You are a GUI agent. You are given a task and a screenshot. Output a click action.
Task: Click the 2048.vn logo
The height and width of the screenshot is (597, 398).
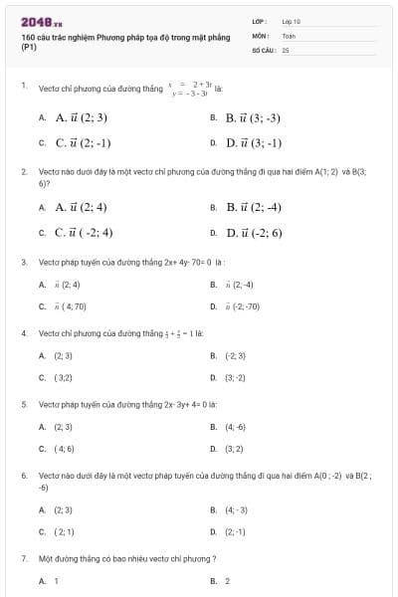coord(41,22)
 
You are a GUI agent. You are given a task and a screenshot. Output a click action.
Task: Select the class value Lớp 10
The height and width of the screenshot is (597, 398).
coord(292,21)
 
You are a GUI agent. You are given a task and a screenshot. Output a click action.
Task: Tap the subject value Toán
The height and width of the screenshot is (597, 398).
coord(289,35)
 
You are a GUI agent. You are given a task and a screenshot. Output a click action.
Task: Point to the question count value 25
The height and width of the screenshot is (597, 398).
coord(285,49)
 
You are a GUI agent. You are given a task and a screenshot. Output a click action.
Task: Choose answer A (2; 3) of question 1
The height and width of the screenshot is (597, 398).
coord(81,117)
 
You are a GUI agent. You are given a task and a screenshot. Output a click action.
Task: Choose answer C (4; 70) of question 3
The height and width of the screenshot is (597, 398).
coord(71,306)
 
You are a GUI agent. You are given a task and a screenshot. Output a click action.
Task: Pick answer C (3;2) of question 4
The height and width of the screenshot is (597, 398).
coord(63,377)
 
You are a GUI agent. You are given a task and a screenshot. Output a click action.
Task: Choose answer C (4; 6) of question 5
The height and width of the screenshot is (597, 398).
coord(64,449)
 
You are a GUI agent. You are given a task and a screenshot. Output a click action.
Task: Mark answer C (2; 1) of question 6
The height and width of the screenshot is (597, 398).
coord(64,531)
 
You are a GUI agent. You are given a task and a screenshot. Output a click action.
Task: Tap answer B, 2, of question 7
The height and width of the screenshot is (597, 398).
coord(228,580)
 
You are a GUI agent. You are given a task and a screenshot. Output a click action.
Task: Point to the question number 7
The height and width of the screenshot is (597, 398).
coord(24,559)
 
